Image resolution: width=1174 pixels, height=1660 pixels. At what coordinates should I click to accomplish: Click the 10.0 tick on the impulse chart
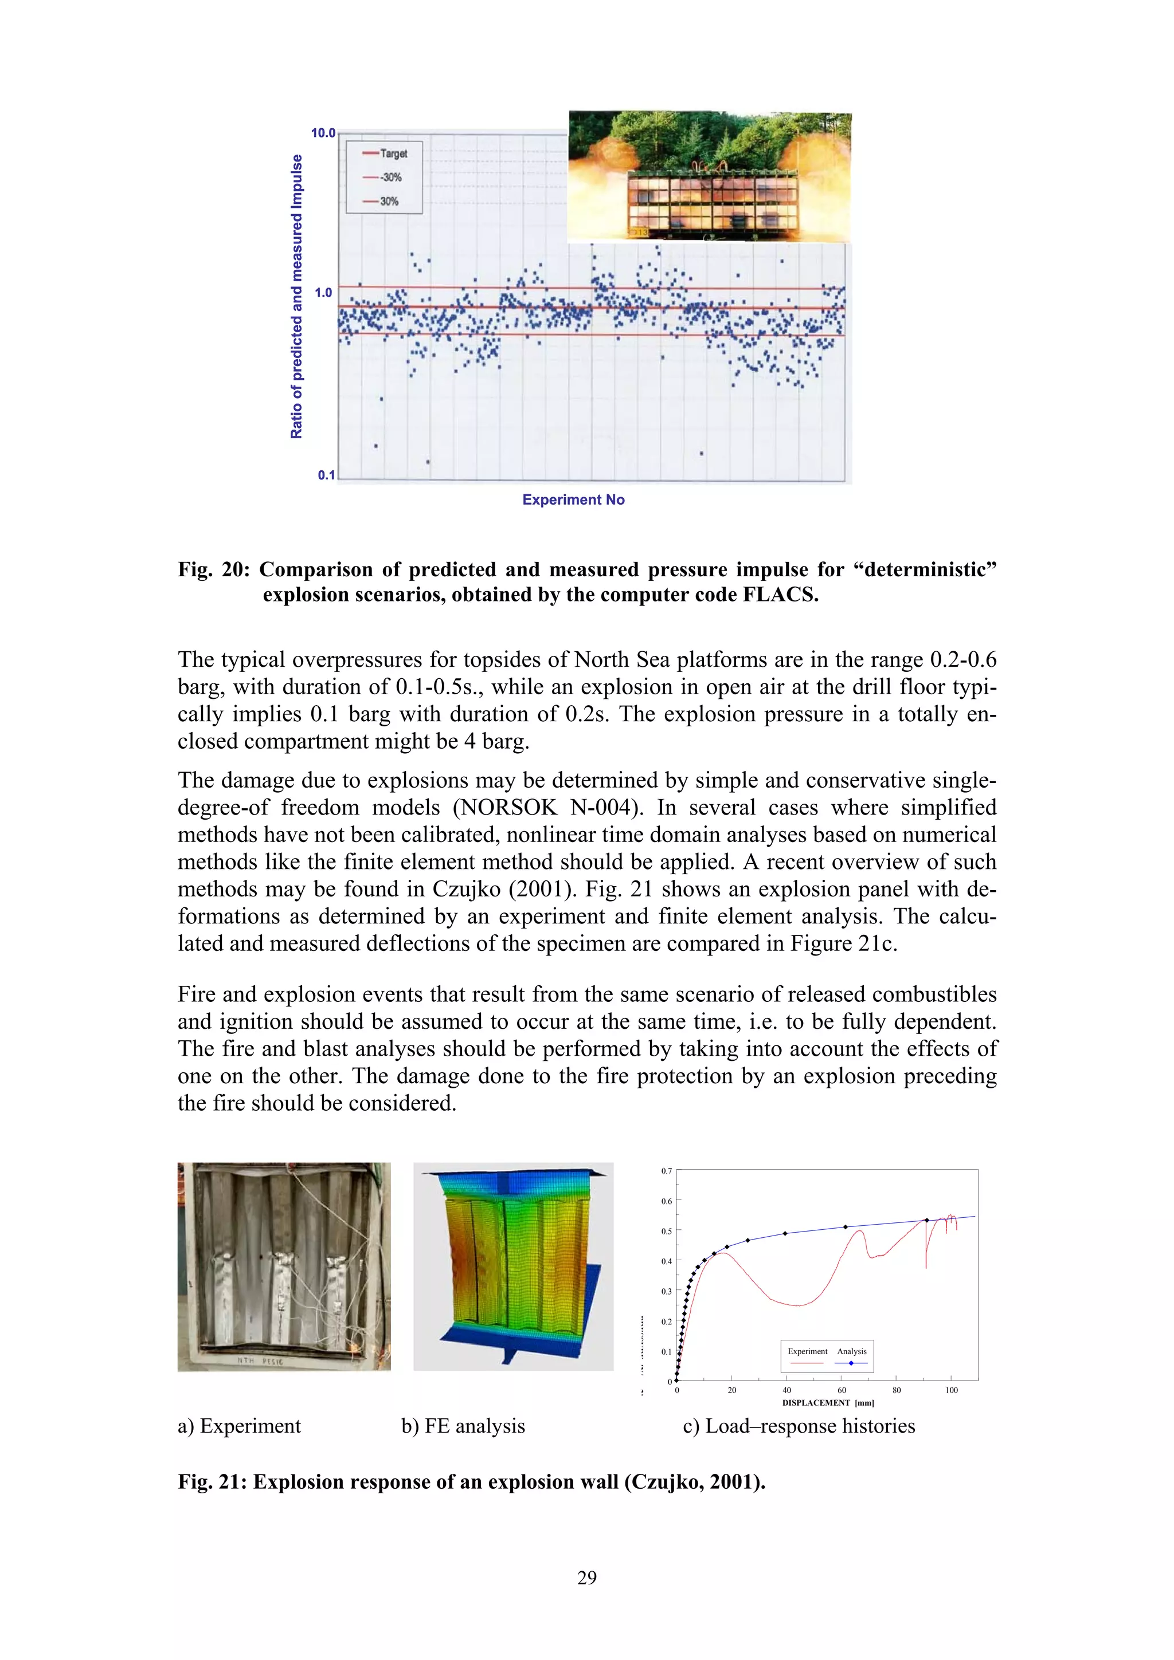pyautogui.click(x=323, y=133)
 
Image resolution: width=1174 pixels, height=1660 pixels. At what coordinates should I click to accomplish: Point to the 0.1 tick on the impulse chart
pyautogui.click(x=326, y=475)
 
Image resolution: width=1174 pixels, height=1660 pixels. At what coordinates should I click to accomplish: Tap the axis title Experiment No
pyautogui.click(x=573, y=499)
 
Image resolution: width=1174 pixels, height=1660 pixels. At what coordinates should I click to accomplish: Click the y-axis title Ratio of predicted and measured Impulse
pyautogui.click(x=296, y=297)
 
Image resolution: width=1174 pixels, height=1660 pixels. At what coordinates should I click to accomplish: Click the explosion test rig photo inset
pyautogui.click(x=709, y=177)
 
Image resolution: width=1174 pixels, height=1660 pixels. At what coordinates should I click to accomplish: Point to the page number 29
pyautogui.click(x=586, y=1578)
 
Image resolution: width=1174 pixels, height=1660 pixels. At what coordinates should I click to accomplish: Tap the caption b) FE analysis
pyautogui.click(x=463, y=1426)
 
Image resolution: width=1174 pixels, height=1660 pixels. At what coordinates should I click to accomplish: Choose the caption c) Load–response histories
pyautogui.click(x=799, y=1426)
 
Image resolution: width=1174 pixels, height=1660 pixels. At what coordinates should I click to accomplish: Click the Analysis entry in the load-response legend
pyautogui.click(x=851, y=1351)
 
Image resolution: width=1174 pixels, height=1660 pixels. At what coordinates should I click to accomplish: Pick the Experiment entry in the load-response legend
pyautogui.click(x=807, y=1351)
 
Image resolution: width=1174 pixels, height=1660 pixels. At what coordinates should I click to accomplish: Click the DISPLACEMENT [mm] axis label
pyautogui.click(x=828, y=1403)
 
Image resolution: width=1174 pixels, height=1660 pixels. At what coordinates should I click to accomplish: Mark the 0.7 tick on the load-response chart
pyautogui.click(x=666, y=1170)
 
